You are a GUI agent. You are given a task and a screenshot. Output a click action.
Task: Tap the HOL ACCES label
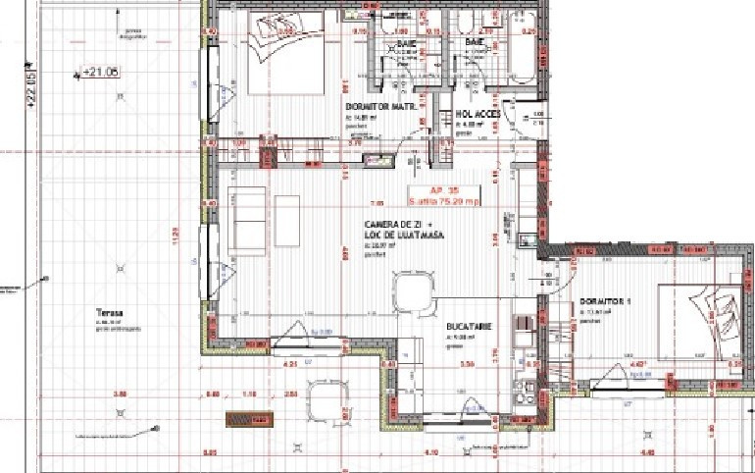(478, 115)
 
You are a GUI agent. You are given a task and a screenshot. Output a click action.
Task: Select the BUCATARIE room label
(468, 325)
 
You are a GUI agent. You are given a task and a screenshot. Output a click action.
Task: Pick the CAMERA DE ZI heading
(388, 226)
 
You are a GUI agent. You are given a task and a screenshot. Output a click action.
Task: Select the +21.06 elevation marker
(99, 72)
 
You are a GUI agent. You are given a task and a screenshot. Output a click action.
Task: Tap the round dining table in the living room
(412, 290)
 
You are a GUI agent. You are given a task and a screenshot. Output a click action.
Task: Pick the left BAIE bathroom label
(407, 45)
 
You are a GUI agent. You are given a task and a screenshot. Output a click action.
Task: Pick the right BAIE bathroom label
(475, 44)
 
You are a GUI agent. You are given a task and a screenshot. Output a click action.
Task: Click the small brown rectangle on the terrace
(249, 419)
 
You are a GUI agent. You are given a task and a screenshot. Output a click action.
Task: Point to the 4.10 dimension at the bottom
(431, 452)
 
